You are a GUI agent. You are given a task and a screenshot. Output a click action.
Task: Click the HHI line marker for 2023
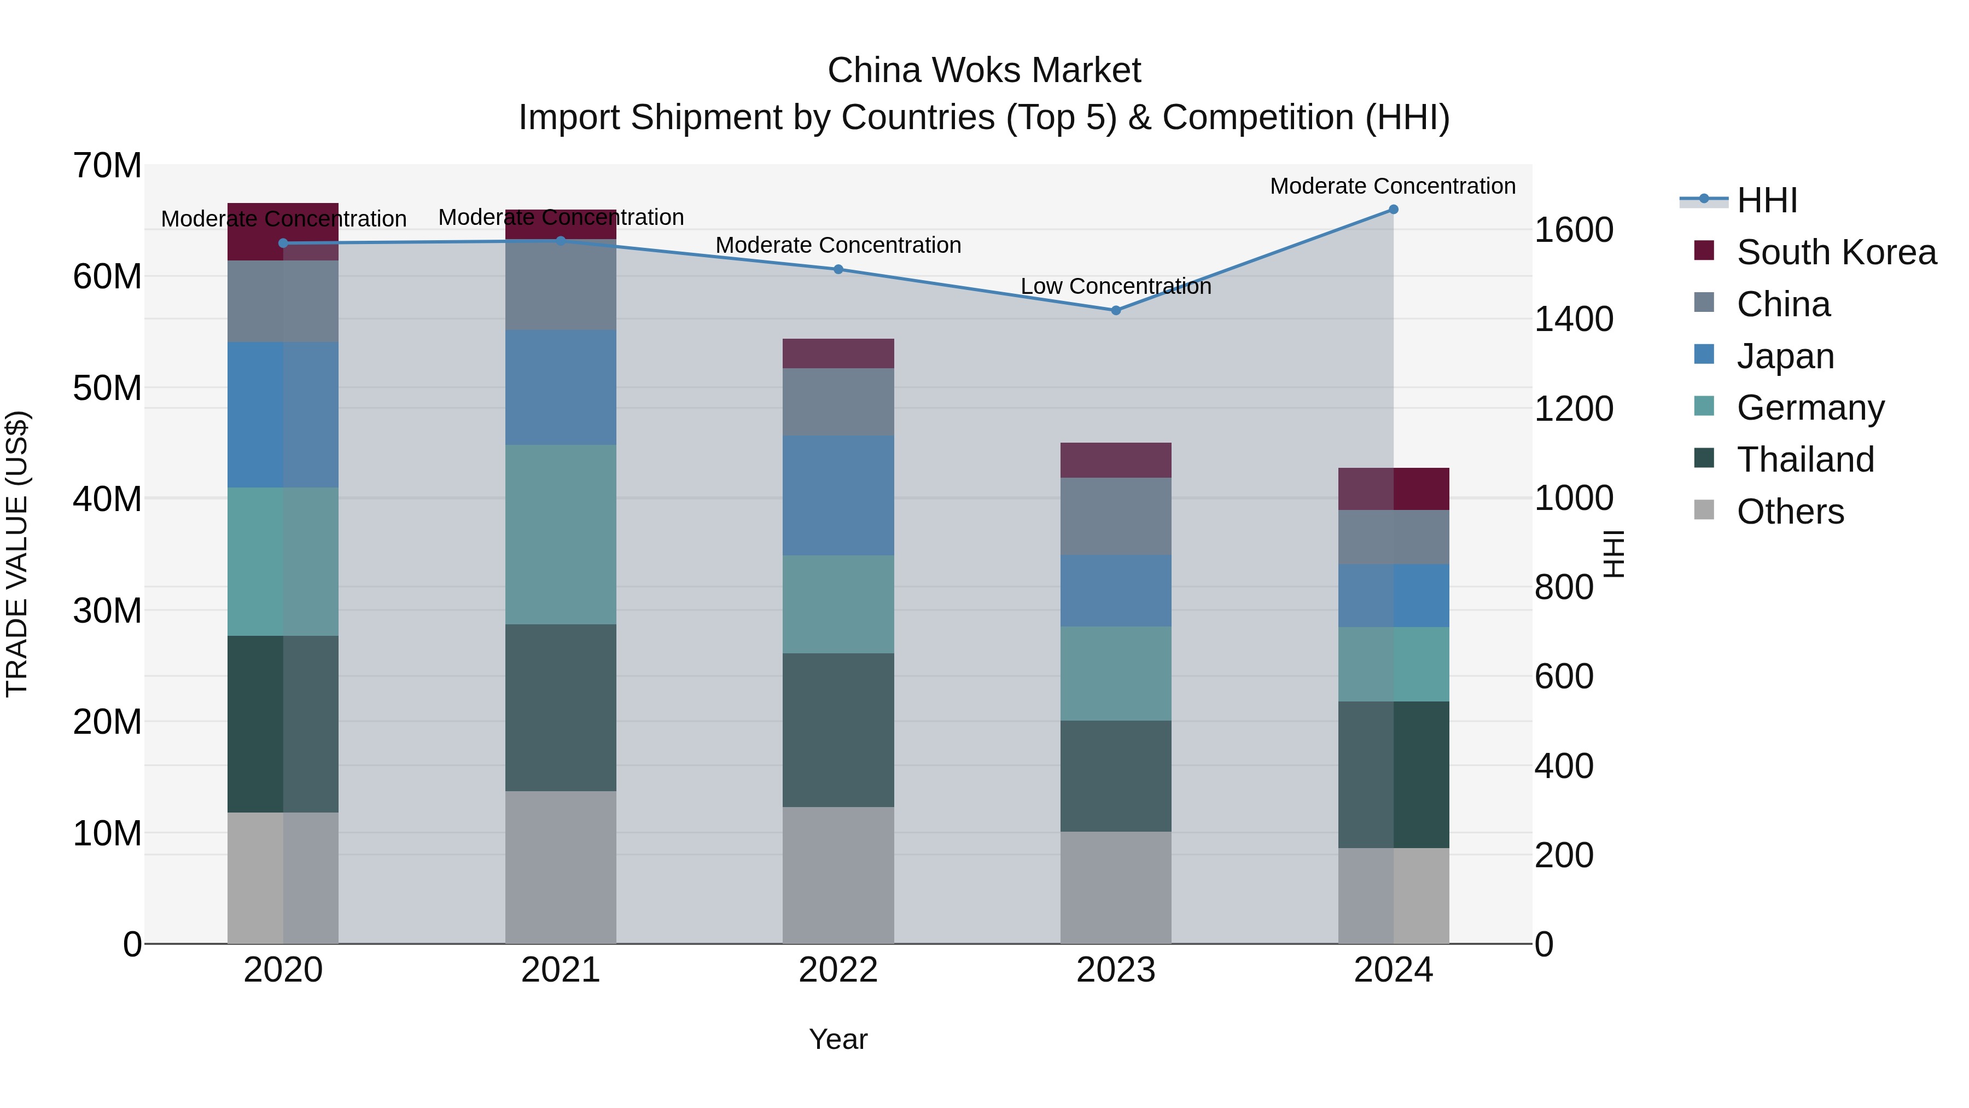(x=1115, y=310)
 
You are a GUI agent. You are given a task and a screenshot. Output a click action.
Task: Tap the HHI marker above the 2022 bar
(x=838, y=269)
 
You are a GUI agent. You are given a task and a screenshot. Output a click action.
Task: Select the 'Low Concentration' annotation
(x=1115, y=287)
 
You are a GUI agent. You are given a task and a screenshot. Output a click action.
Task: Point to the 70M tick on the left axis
(x=107, y=166)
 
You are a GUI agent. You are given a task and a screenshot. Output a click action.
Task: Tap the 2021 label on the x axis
(x=560, y=970)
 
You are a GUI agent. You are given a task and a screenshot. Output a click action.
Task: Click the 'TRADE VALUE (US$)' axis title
(x=17, y=554)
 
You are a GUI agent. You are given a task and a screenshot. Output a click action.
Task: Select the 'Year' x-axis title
(x=838, y=1039)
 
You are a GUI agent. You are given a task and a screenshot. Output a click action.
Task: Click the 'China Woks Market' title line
(x=984, y=71)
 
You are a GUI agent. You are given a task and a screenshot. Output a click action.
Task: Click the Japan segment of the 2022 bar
(x=838, y=496)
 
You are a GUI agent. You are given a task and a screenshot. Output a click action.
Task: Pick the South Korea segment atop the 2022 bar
(x=838, y=353)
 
